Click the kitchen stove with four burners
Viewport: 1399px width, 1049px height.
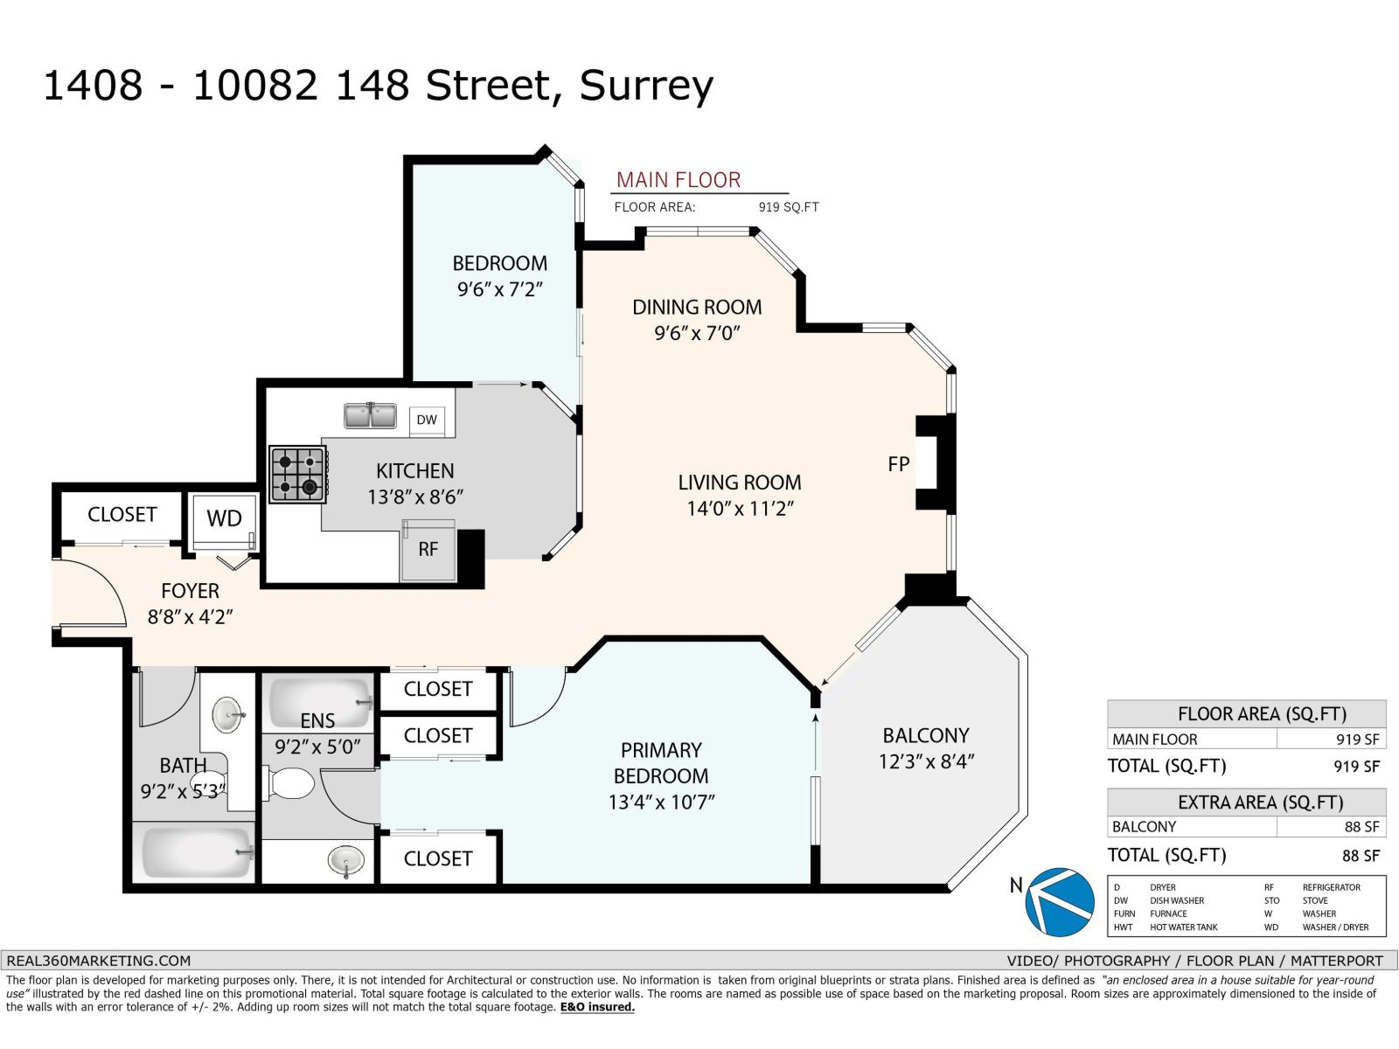[298, 474]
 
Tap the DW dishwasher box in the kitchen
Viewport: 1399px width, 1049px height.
[427, 420]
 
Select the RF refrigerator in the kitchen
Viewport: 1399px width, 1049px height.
[428, 550]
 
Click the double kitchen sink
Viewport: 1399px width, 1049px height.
[370, 416]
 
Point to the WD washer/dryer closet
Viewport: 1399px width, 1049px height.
[225, 520]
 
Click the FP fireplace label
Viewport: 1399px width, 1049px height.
[898, 464]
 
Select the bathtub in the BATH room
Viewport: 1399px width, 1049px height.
[197, 852]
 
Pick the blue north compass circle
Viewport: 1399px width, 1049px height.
[1059, 902]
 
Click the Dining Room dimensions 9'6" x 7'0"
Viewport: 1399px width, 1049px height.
[697, 333]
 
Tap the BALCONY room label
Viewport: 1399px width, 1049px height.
[925, 736]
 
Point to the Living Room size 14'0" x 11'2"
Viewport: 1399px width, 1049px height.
[740, 509]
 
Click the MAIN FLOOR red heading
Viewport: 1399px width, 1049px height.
[679, 180]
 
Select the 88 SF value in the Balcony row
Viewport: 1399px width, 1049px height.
[1361, 827]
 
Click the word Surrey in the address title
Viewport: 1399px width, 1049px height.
[646, 87]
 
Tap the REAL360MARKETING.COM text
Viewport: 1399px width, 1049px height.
[98, 961]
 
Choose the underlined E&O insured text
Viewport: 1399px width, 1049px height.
[597, 1007]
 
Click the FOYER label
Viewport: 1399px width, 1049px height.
[190, 591]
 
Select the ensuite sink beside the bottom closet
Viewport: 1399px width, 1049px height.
[346, 861]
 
